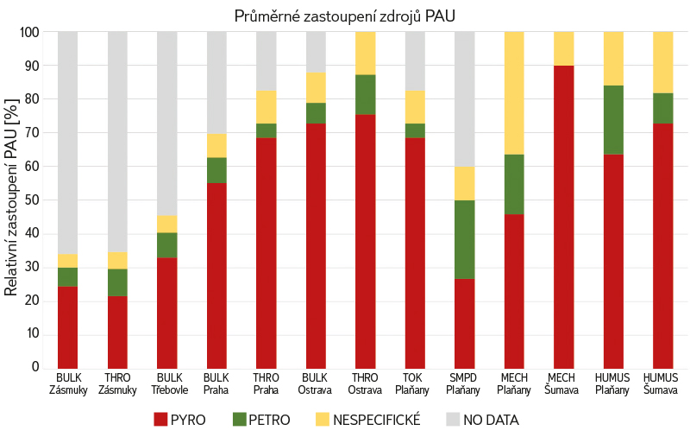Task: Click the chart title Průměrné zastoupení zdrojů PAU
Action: tap(345, 16)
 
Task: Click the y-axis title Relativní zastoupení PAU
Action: tap(11, 197)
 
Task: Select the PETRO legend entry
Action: tap(261, 421)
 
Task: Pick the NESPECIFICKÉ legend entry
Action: tap(367, 421)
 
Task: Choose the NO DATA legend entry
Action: tap(482, 421)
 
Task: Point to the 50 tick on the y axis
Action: tap(32, 199)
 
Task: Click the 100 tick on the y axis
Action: tap(29, 32)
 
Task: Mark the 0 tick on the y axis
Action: tap(35, 367)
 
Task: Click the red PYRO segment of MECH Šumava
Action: tap(564, 216)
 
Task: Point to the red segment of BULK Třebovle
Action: tap(167, 312)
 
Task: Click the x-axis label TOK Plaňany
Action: tap(415, 383)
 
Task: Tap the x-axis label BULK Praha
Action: tap(216, 383)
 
